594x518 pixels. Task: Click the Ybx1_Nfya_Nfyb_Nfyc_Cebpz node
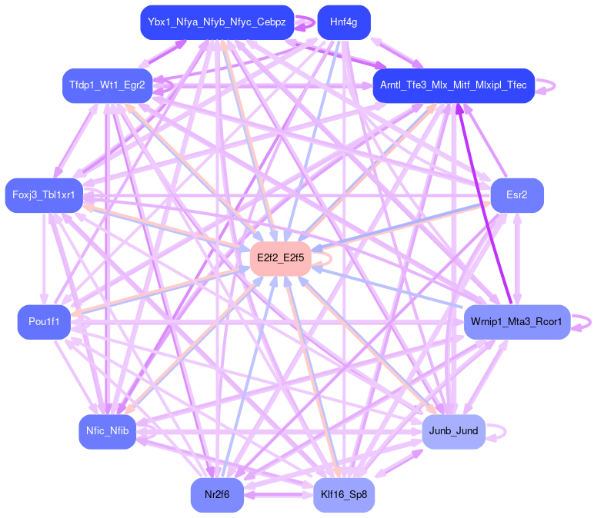[217, 22]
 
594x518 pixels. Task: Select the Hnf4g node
[343, 22]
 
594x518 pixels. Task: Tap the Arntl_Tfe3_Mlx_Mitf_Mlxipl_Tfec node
[453, 85]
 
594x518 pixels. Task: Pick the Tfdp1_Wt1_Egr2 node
[107, 85]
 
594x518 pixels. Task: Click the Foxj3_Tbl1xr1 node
[43, 195]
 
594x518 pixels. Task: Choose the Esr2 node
[517, 195]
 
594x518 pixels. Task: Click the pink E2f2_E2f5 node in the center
[281, 258]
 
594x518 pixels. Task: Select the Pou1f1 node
[44, 321]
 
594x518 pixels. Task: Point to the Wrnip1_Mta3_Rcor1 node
[516, 321]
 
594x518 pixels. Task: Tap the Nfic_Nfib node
[107, 431]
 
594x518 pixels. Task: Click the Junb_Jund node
[453, 431]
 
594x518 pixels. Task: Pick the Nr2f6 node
[217, 495]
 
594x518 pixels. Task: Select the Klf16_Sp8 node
[343, 495]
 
